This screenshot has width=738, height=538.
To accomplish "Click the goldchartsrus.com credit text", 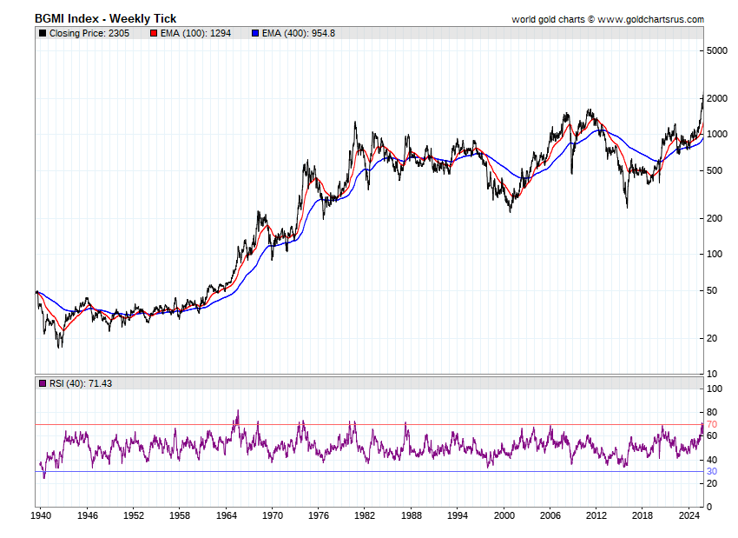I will click(x=608, y=19).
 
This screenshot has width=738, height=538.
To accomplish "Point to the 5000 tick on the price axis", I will click(x=716, y=51).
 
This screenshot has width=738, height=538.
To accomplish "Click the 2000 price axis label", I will click(x=716, y=99).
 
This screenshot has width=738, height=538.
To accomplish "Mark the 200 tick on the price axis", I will click(x=714, y=218).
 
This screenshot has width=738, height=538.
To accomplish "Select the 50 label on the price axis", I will click(x=711, y=290).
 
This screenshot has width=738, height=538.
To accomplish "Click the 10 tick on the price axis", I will click(x=711, y=374).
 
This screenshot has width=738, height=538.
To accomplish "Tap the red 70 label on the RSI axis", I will click(x=711, y=424).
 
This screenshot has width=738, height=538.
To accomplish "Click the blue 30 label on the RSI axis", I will click(x=711, y=471).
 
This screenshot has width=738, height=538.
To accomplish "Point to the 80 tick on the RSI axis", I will click(x=711, y=412).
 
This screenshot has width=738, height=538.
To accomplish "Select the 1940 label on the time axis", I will click(x=41, y=515).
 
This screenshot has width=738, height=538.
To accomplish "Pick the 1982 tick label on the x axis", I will click(x=365, y=515).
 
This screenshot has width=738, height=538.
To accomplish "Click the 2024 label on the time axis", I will click(x=689, y=515).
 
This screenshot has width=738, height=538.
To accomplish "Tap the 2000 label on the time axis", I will click(x=504, y=515).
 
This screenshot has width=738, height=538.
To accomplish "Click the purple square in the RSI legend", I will click(x=42, y=382).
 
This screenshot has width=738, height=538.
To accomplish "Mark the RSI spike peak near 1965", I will click(x=237, y=410).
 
